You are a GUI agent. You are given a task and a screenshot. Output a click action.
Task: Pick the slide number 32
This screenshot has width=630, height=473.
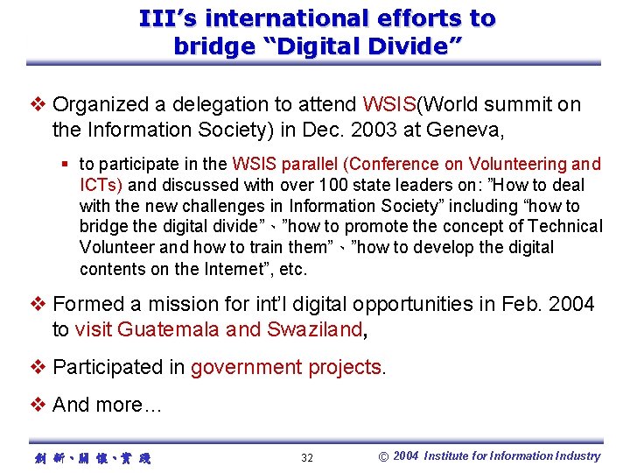click(x=307, y=457)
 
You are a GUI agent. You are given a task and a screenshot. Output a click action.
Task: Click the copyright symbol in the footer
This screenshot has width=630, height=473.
click(x=383, y=456)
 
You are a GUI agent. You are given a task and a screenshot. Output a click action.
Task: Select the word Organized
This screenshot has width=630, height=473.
click(x=100, y=105)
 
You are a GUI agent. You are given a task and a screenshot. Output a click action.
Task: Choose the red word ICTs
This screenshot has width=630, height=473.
click(x=100, y=185)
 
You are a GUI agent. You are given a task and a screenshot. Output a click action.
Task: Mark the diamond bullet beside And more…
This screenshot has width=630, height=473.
click(x=38, y=405)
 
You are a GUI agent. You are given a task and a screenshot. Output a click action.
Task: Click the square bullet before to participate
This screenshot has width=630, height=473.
click(x=66, y=164)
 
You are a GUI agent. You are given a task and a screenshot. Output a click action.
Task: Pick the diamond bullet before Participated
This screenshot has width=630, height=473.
click(x=38, y=367)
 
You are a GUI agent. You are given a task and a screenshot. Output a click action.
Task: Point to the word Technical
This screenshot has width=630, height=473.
click(x=566, y=227)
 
